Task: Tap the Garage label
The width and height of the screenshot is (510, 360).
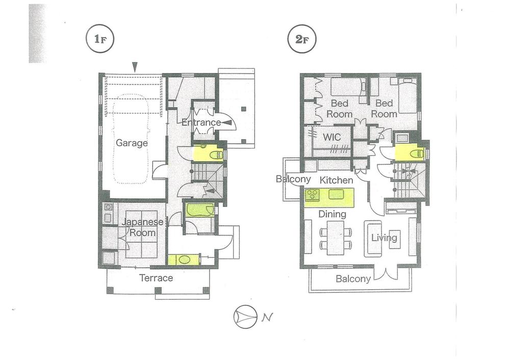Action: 132,143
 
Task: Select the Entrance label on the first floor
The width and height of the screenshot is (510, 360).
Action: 201,122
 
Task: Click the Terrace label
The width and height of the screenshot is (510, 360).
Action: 156,278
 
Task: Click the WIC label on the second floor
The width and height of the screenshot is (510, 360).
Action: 331,137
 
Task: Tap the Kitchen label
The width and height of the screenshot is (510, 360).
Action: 336,181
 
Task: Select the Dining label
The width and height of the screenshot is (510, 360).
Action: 331,214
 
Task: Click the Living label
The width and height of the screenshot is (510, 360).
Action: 384,238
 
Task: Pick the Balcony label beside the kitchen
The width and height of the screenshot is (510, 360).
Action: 293,179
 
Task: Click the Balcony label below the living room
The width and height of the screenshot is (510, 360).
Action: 353,279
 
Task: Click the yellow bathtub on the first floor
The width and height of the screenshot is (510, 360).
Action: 199,210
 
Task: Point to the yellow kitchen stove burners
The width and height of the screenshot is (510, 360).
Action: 313,194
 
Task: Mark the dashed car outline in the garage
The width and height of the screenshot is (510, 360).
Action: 131,140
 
